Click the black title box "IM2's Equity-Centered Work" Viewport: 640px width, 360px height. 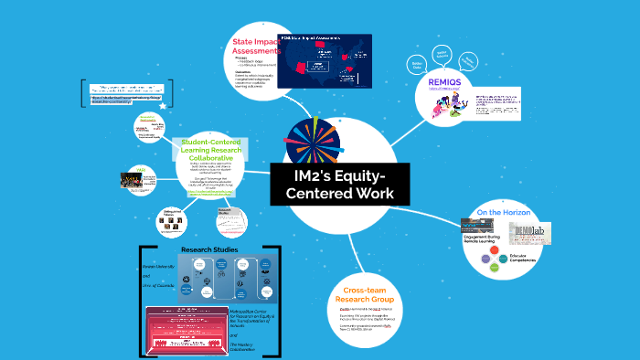(x=339, y=184)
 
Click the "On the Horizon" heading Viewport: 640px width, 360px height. (x=505, y=213)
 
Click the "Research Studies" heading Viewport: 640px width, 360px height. (x=209, y=249)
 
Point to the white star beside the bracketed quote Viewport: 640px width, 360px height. (x=163, y=106)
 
